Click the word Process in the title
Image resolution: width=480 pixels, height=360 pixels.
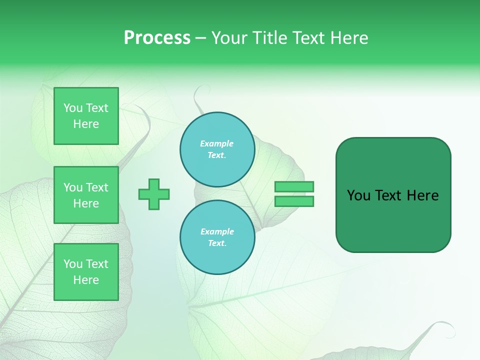click(x=157, y=38)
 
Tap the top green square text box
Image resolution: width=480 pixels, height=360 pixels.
click(x=86, y=116)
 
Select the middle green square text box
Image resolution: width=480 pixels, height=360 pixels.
click(x=86, y=195)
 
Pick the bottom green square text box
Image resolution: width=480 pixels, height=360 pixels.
click(x=86, y=272)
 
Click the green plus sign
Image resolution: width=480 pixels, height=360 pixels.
click(x=154, y=194)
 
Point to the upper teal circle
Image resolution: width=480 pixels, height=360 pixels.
click(x=217, y=149)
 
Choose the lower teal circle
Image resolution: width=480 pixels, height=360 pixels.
click(x=217, y=237)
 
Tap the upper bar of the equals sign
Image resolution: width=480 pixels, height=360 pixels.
click(x=294, y=187)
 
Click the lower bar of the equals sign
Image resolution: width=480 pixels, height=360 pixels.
click(x=294, y=201)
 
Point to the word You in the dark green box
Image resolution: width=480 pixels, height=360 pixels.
click(x=359, y=195)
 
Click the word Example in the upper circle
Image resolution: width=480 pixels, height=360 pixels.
click(x=217, y=144)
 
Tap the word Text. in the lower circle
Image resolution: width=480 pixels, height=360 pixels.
click(x=217, y=243)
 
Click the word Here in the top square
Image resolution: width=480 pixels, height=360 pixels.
click(x=86, y=124)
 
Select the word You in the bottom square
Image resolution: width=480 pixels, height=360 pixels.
click(x=73, y=264)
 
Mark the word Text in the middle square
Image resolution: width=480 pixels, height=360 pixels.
click(x=97, y=187)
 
